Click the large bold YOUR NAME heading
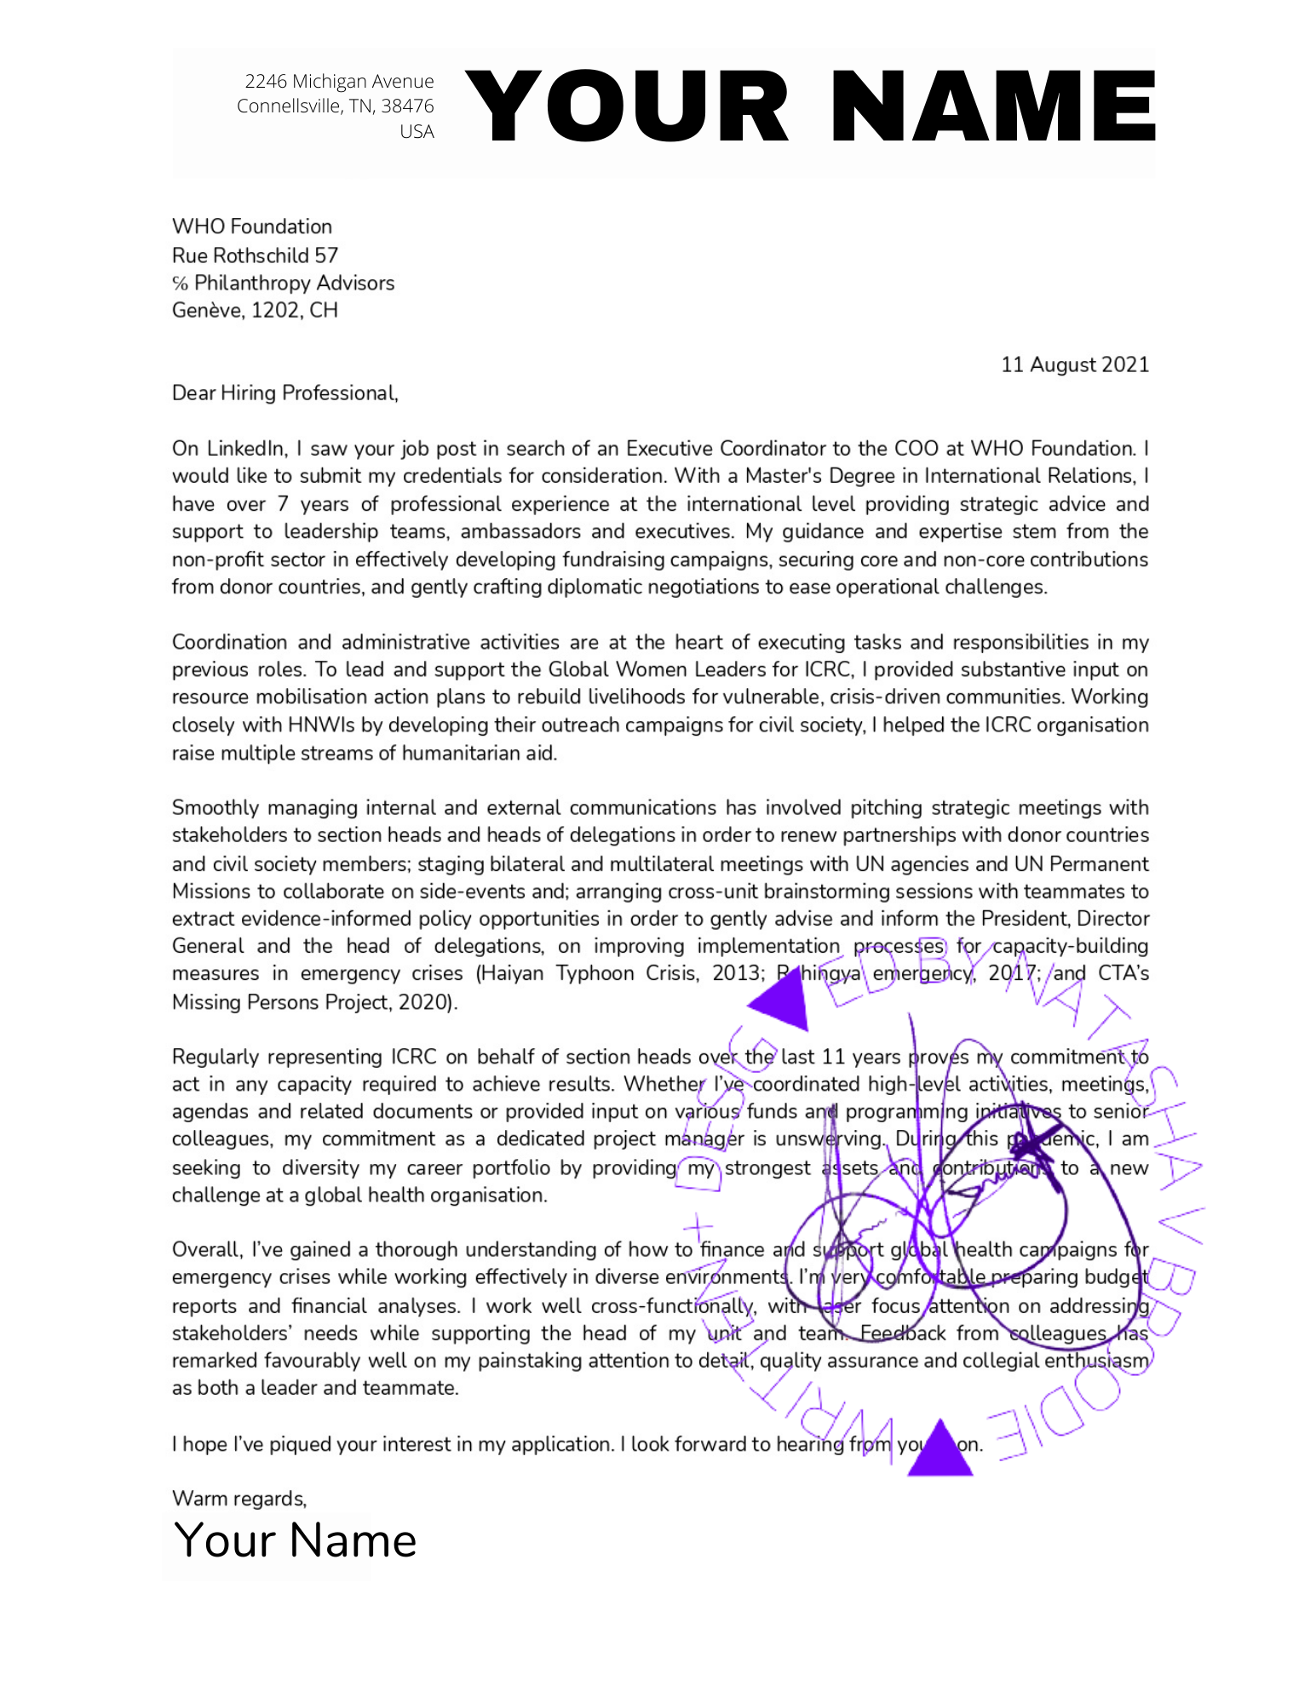coord(809,106)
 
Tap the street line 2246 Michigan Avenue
coord(339,81)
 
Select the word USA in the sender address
coord(417,131)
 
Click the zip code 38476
coord(407,106)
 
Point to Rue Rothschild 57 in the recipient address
coord(255,255)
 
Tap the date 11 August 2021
coord(1074,364)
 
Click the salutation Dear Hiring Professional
coord(284,393)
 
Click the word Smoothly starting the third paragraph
coord(216,807)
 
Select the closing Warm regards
coord(238,1498)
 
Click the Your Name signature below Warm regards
coord(295,1540)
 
